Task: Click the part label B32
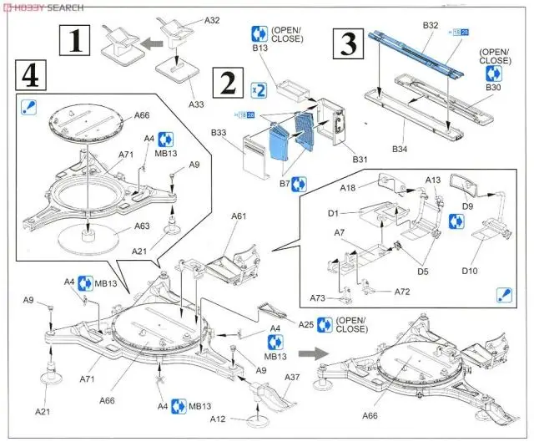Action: (430, 26)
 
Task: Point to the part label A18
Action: (348, 189)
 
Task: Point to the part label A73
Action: (318, 297)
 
